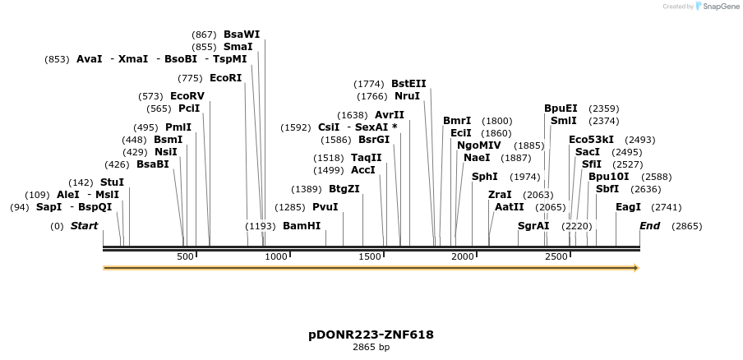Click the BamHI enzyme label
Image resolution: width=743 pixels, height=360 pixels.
click(x=302, y=226)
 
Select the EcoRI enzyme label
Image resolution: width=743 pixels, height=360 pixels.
click(x=226, y=78)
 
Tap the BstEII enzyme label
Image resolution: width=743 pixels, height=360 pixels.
click(x=408, y=84)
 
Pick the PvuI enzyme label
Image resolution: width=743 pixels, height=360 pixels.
click(x=325, y=207)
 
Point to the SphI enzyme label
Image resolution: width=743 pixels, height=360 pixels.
click(x=484, y=177)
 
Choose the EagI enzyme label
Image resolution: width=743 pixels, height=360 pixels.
click(x=628, y=207)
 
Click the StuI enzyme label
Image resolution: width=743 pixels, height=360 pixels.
click(x=112, y=182)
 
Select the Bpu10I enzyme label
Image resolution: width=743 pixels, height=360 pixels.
click(x=608, y=177)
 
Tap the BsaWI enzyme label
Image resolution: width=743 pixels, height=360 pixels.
click(x=242, y=35)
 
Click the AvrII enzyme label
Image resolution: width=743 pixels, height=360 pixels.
click(x=390, y=115)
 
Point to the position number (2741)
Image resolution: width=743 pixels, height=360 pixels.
click(x=666, y=207)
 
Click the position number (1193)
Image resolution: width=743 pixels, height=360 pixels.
click(x=261, y=226)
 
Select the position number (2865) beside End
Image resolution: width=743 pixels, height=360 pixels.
click(x=686, y=226)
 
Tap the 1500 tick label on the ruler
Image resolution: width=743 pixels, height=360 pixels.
click(x=371, y=257)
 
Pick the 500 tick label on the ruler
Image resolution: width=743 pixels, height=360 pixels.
click(x=185, y=257)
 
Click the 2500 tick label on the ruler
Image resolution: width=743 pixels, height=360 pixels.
click(x=557, y=257)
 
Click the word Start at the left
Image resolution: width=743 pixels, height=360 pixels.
click(x=84, y=226)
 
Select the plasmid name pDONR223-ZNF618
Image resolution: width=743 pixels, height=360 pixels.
click(x=371, y=335)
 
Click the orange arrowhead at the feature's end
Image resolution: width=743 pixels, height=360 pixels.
click(x=635, y=268)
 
